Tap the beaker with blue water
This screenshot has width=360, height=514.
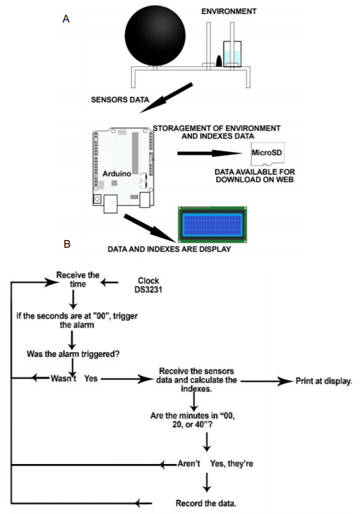coord(232,54)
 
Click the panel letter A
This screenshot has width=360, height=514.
coord(65,20)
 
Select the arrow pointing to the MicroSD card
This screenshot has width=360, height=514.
coord(211,153)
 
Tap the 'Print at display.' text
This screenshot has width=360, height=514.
coord(324,381)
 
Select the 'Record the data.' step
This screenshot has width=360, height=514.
coord(207,502)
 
